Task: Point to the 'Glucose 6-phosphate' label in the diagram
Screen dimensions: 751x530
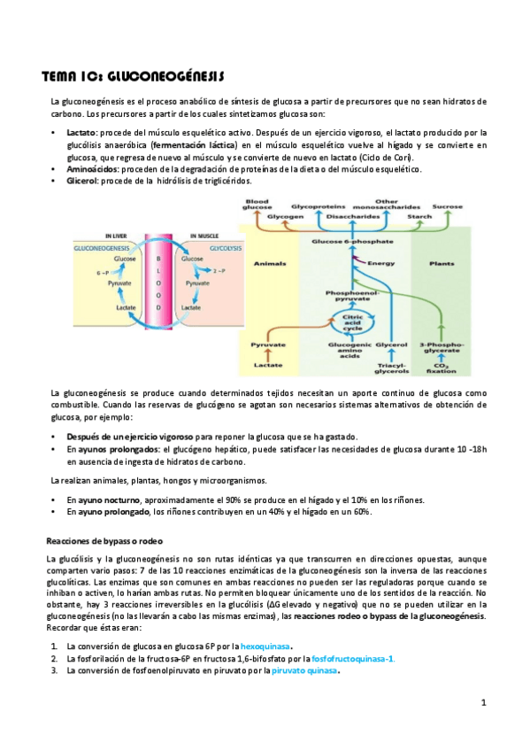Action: click(x=351, y=241)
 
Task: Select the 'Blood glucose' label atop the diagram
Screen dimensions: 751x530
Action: click(x=257, y=205)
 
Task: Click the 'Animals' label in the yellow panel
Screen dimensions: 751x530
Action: click(x=270, y=263)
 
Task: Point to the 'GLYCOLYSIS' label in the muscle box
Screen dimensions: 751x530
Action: click(x=208, y=249)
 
